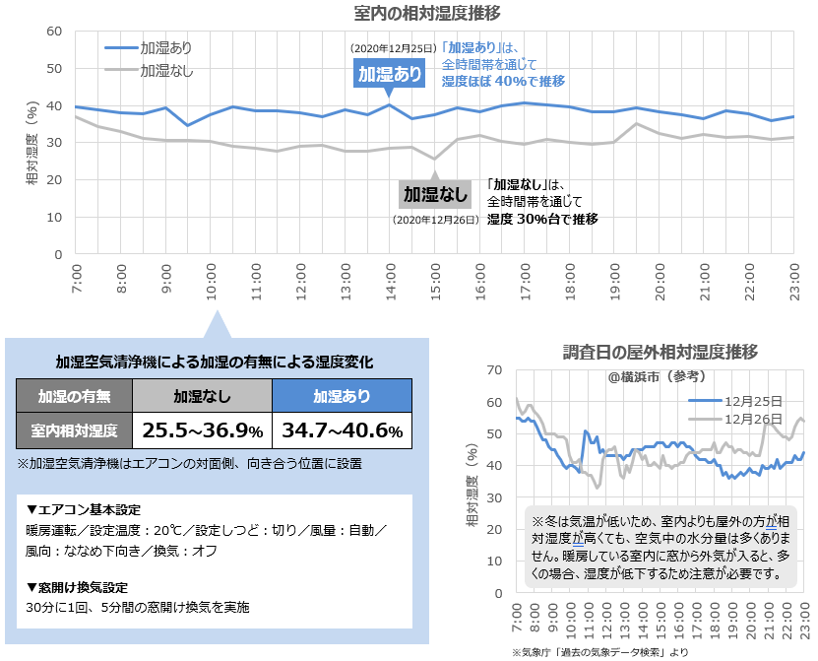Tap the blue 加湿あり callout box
390,74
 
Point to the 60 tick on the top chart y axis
55,32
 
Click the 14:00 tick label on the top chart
391,279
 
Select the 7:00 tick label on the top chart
78,279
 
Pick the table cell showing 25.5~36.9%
203,430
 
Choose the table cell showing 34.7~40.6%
342,430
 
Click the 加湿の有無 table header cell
75,396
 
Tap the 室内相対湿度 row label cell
75,430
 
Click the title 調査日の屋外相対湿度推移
660,352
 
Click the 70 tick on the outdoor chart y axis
495,370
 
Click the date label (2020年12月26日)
435,221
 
